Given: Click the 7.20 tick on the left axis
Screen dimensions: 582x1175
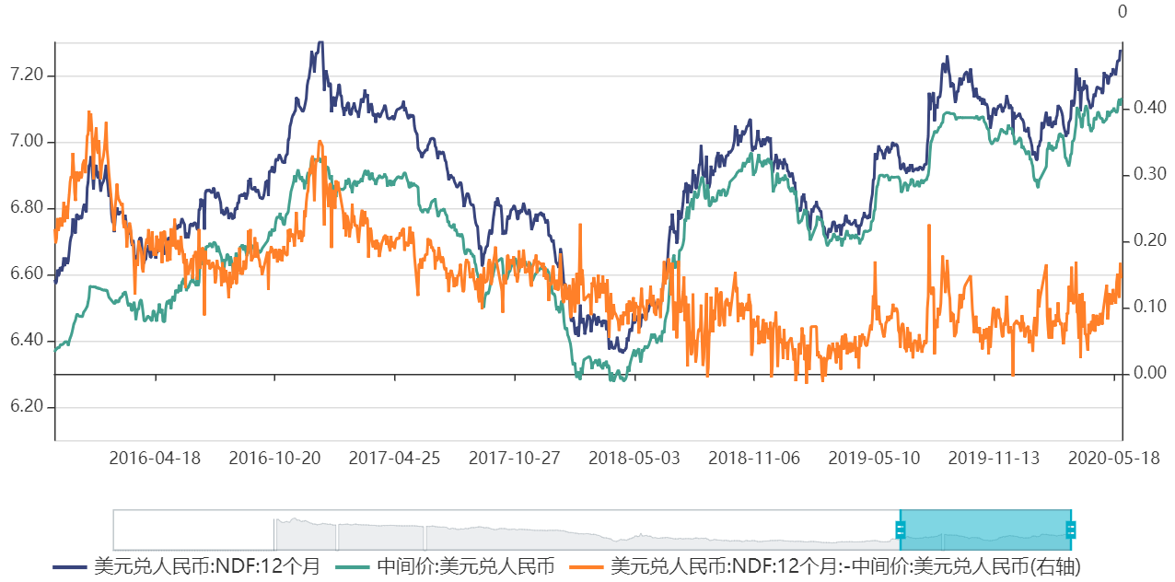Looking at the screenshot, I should pos(27,75).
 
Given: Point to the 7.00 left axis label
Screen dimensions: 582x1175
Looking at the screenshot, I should pos(27,141).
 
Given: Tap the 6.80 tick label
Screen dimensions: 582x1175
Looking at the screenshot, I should pos(27,207).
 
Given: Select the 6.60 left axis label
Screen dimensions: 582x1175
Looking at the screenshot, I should pos(27,274).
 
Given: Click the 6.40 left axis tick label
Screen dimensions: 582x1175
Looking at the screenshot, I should pos(27,340).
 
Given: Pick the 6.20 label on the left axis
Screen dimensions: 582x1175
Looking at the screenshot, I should pos(27,406).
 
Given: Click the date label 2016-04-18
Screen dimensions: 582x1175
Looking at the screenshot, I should pos(155,458).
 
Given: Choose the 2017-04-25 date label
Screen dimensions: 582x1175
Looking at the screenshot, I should pos(394,458).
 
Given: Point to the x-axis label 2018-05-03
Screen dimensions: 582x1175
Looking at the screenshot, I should pos(634,458).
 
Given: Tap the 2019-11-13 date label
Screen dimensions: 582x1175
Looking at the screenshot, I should pos(994,458).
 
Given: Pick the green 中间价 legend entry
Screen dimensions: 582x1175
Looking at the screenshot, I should pos(448,565).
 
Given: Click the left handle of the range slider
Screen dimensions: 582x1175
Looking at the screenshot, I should pos(901,530).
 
